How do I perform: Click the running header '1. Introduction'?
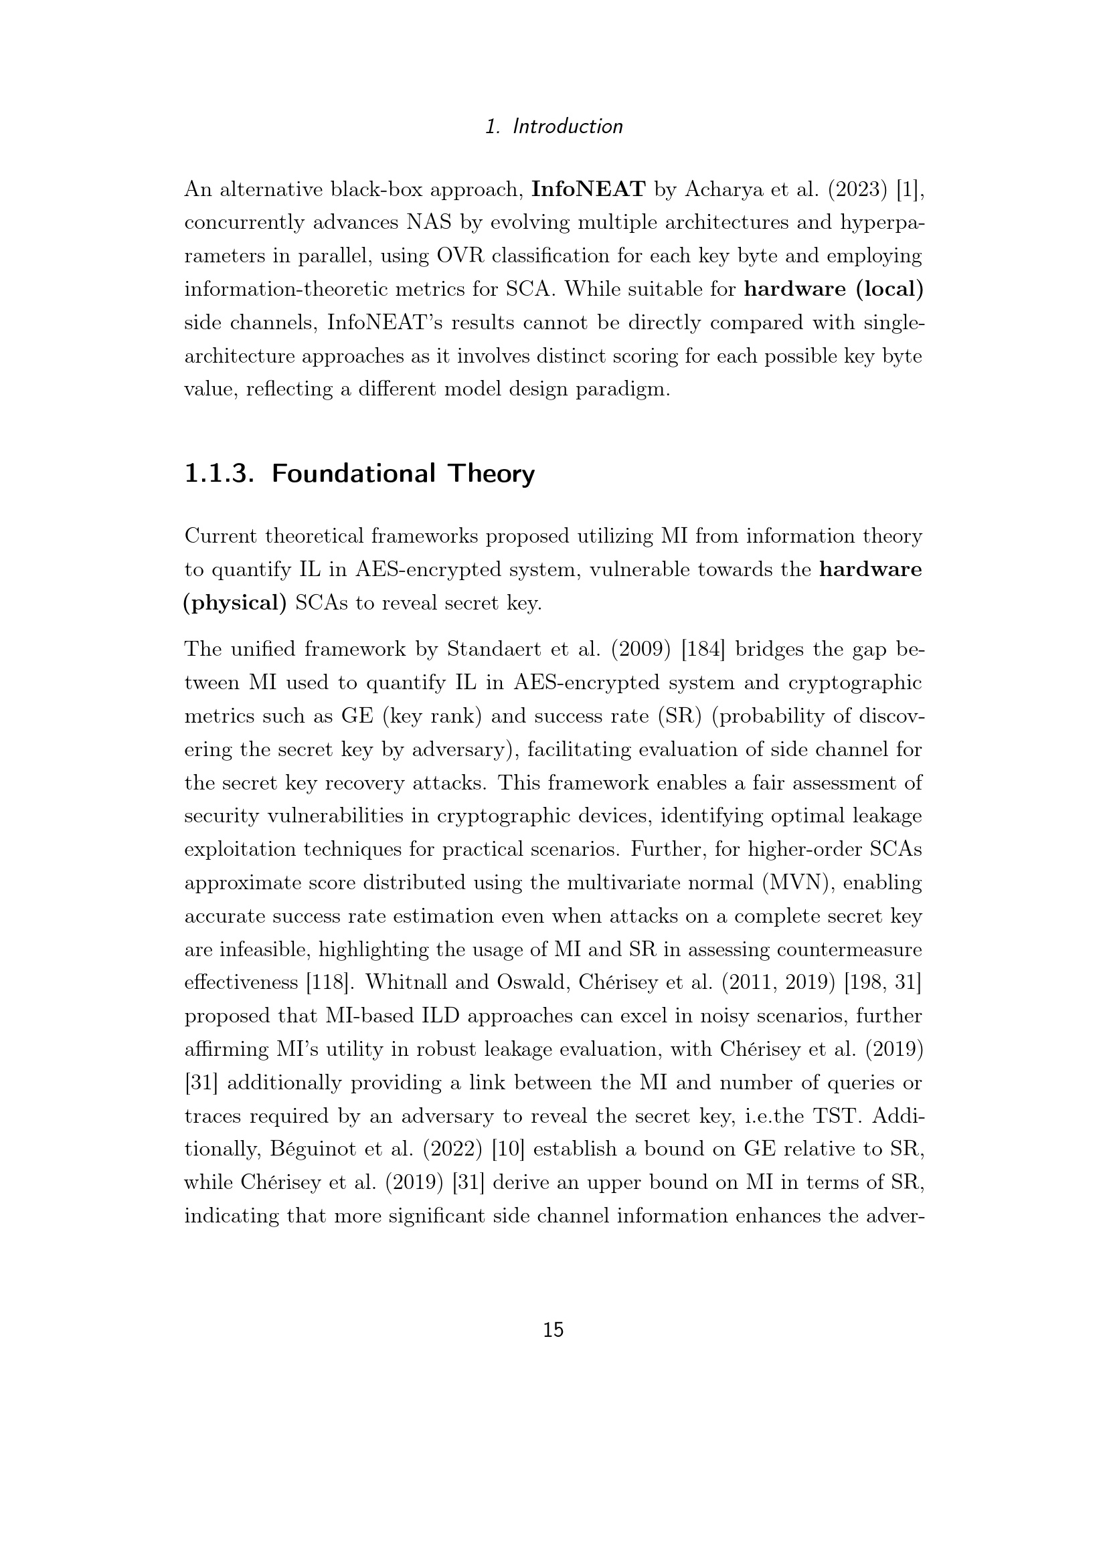pyautogui.click(x=553, y=126)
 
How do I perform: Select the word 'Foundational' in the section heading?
pyautogui.click(x=353, y=473)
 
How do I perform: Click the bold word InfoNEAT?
pyautogui.click(x=588, y=189)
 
